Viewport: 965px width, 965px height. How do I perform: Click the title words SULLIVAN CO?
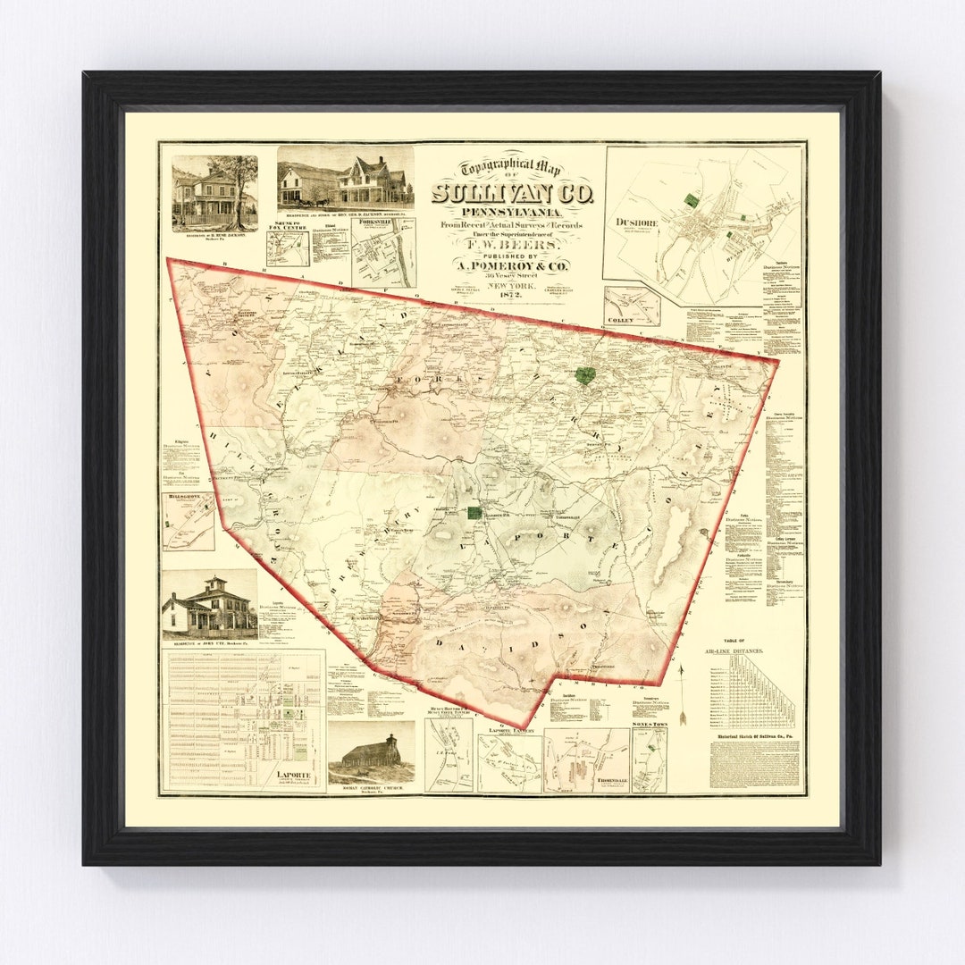(511, 193)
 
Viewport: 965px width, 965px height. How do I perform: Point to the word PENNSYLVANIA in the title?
(511, 211)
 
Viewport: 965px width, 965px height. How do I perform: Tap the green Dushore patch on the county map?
(585, 375)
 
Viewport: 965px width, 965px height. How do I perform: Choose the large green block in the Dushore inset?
(689, 201)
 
